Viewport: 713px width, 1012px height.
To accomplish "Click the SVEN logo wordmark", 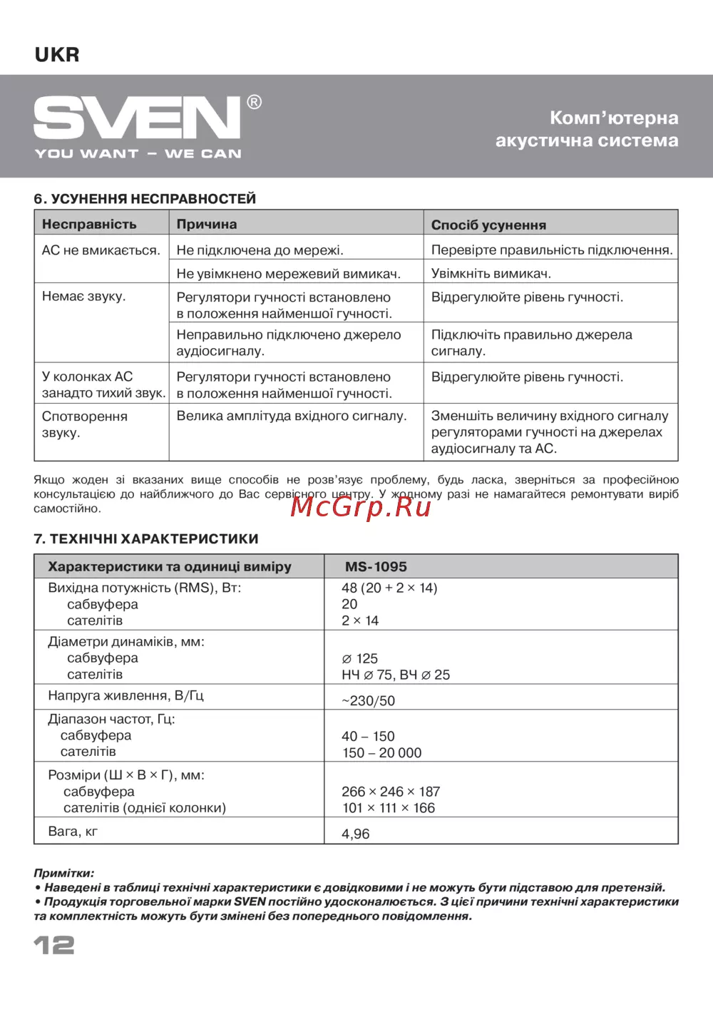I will pos(137,118).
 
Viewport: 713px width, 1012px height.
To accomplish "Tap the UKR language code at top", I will pos(57,55).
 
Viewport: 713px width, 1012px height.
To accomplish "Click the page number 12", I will pos(54,945).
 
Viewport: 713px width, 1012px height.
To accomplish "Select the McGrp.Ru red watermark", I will pos(361,506).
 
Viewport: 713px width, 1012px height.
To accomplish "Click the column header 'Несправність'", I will pos(89,224).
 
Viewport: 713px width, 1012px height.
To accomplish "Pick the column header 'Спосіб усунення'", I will pos(488,225).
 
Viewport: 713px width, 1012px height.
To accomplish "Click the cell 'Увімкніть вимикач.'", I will pos(491,273).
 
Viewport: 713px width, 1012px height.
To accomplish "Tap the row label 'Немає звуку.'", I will pos(83,296).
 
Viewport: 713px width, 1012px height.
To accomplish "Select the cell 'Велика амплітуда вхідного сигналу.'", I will pos(291,416).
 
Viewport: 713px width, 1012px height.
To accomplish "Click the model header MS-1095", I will pos(376,566).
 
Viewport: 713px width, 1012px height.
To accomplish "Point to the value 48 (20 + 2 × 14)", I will pos(389,588).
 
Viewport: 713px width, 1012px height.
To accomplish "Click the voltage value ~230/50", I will pos(368,700).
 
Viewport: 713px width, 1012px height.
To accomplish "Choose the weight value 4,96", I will pos(356,833).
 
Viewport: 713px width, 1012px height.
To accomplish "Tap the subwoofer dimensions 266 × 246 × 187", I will pos(391,791).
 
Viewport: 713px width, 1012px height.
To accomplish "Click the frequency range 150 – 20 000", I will pos(381,752).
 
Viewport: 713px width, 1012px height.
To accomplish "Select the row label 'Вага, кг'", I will pos(73,831).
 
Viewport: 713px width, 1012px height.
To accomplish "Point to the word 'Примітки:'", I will pos(63,873).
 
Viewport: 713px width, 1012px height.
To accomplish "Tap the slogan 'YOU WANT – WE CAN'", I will pos(138,153).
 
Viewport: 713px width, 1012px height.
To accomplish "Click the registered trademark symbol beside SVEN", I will pos(254,102).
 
